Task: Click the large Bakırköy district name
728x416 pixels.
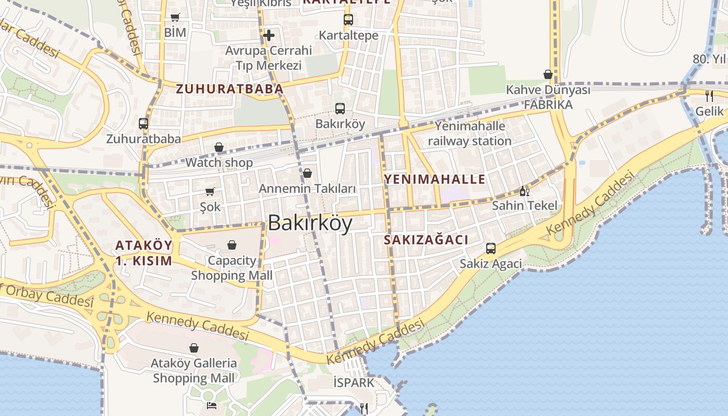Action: click(310, 223)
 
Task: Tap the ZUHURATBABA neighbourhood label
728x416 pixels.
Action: click(229, 89)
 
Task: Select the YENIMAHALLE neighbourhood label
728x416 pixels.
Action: click(434, 180)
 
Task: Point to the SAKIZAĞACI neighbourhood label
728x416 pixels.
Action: click(426, 240)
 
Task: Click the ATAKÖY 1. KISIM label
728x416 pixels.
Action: click(144, 253)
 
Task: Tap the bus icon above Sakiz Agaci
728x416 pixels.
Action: click(490, 249)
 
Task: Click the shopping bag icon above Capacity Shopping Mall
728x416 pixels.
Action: click(232, 244)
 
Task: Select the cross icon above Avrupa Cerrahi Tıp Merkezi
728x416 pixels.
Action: click(268, 35)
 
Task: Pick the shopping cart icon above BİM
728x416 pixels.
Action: click(175, 18)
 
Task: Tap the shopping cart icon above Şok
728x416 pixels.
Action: click(210, 192)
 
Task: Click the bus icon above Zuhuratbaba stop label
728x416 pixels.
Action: click(144, 124)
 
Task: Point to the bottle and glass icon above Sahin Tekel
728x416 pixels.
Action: click(524, 191)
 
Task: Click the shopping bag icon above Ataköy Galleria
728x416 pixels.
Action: click(194, 347)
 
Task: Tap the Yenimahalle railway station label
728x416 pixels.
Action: click(470, 134)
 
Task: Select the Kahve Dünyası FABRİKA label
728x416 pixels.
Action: click(548, 97)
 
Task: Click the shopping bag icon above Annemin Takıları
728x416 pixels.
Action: click(307, 173)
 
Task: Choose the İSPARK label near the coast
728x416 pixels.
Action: click(354, 383)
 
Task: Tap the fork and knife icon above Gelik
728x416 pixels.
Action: click(709, 96)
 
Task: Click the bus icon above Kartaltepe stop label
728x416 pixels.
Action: click(348, 20)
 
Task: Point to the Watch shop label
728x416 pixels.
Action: click(219, 163)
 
